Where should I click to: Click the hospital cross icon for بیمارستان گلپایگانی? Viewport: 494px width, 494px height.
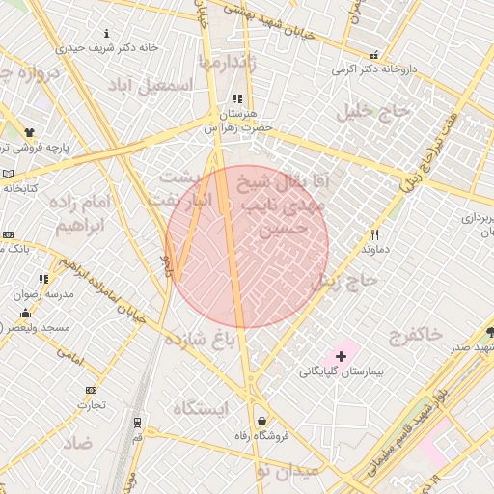[x=341, y=357]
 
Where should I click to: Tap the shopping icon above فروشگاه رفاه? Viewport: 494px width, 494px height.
[x=262, y=421]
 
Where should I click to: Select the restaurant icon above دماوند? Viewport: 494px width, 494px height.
[x=374, y=234]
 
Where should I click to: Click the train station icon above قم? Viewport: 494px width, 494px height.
[x=138, y=422]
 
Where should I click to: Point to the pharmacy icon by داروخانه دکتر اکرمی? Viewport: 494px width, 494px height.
[x=372, y=56]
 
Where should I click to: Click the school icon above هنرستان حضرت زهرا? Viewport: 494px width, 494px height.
[x=237, y=99]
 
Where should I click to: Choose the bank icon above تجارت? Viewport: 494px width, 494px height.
[x=91, y=390]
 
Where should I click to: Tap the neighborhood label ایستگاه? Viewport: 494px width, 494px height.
[x=200, y=408]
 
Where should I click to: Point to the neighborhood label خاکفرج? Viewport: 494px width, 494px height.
[x=416, y=334]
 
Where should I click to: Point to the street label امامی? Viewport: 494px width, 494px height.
[x=71, y=356]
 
